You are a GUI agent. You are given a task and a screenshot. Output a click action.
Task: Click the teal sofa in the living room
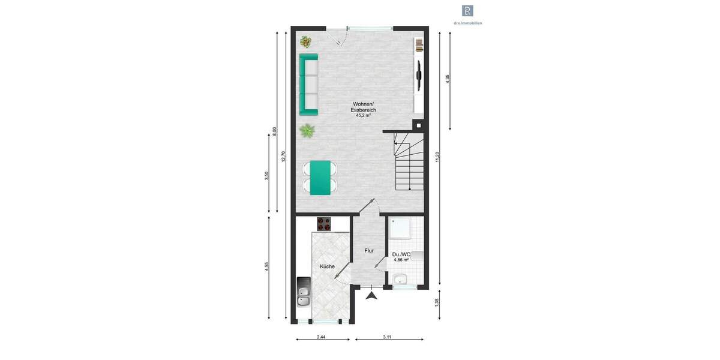308,84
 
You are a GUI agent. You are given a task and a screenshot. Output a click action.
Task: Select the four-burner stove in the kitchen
325,223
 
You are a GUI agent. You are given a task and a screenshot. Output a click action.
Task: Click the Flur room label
369,251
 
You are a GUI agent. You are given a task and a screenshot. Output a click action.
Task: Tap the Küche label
327,266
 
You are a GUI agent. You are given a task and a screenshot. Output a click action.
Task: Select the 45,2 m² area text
364,115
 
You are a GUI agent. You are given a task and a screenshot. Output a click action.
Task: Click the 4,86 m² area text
401,260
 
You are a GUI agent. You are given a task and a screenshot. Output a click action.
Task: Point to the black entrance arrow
372,295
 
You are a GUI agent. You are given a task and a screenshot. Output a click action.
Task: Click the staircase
408,162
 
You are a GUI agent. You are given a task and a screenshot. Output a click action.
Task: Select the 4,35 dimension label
448,80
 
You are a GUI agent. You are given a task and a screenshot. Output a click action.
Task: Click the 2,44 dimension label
321,337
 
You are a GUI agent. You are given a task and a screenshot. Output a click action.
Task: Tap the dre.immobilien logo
467,11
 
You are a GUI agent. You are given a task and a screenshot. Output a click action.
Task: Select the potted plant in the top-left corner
306,41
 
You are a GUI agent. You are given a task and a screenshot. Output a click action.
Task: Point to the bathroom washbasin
400,279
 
